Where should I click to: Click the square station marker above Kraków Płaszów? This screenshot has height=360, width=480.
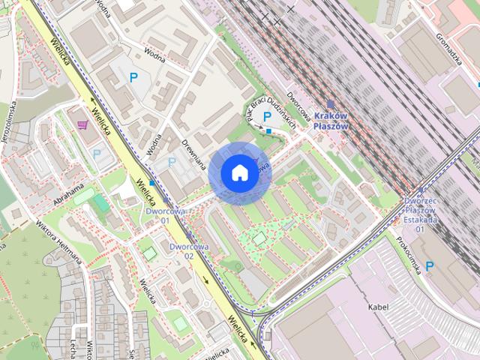330,104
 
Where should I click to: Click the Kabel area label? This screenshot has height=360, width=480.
378,307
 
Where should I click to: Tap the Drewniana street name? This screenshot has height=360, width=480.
193,154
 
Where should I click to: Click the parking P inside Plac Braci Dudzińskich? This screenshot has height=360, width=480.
266,116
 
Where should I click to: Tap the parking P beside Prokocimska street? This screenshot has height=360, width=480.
430,265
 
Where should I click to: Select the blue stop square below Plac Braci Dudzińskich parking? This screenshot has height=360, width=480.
269,130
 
